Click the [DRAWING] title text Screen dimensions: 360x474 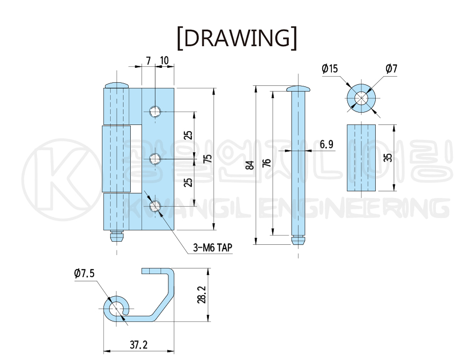pos(237,38)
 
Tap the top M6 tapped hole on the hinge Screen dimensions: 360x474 pos(154,111)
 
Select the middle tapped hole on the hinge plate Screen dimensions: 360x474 pos(154,159)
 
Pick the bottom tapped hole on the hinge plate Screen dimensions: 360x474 pos(154,207)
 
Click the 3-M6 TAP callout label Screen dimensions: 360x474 pos(213,248)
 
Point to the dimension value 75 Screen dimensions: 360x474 pos(207,159)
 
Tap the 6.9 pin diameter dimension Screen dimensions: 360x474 pos(326,145)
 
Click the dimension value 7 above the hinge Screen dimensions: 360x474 pos(148,61)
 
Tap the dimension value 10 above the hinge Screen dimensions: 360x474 pos(164,61)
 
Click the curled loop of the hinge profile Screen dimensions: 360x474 pos(116,309)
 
